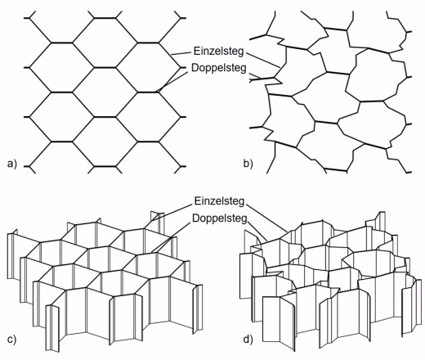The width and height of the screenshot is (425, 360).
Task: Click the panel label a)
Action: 12,164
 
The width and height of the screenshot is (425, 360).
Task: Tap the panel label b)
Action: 248,164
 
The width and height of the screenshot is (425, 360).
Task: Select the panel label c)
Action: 11,340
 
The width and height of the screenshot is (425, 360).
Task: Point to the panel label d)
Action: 248,340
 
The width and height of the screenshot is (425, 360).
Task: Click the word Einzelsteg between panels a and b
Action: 218,52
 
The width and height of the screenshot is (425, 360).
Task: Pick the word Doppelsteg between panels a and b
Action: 219,68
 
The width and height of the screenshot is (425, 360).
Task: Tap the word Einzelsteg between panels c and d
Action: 219,201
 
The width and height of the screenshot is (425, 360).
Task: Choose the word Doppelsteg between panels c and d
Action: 220,218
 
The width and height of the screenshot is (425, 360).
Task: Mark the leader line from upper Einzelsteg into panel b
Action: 262,60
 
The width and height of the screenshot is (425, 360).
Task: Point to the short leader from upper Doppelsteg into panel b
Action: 254,75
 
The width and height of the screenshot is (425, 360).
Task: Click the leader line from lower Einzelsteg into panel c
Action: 168,215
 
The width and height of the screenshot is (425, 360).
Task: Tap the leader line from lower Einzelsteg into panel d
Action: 266,218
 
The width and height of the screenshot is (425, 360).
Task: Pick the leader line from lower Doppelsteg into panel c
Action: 171,236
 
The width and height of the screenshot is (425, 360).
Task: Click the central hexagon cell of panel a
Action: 105,92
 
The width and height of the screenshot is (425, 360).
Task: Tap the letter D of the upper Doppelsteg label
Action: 195,67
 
